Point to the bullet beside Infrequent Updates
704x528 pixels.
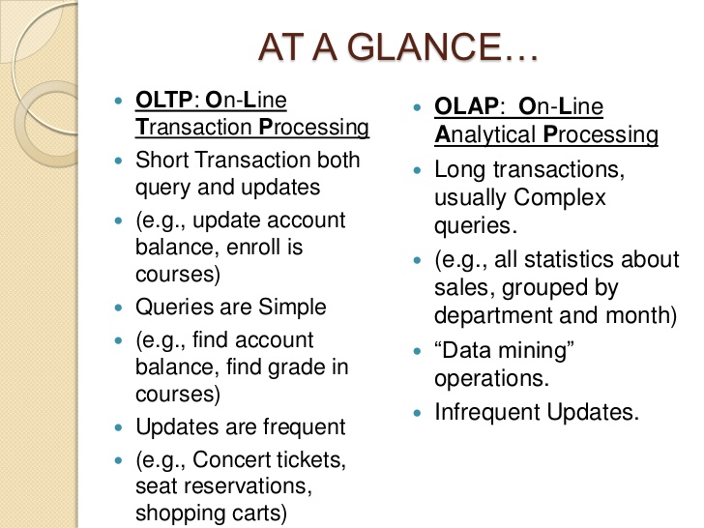click(418, 412)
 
